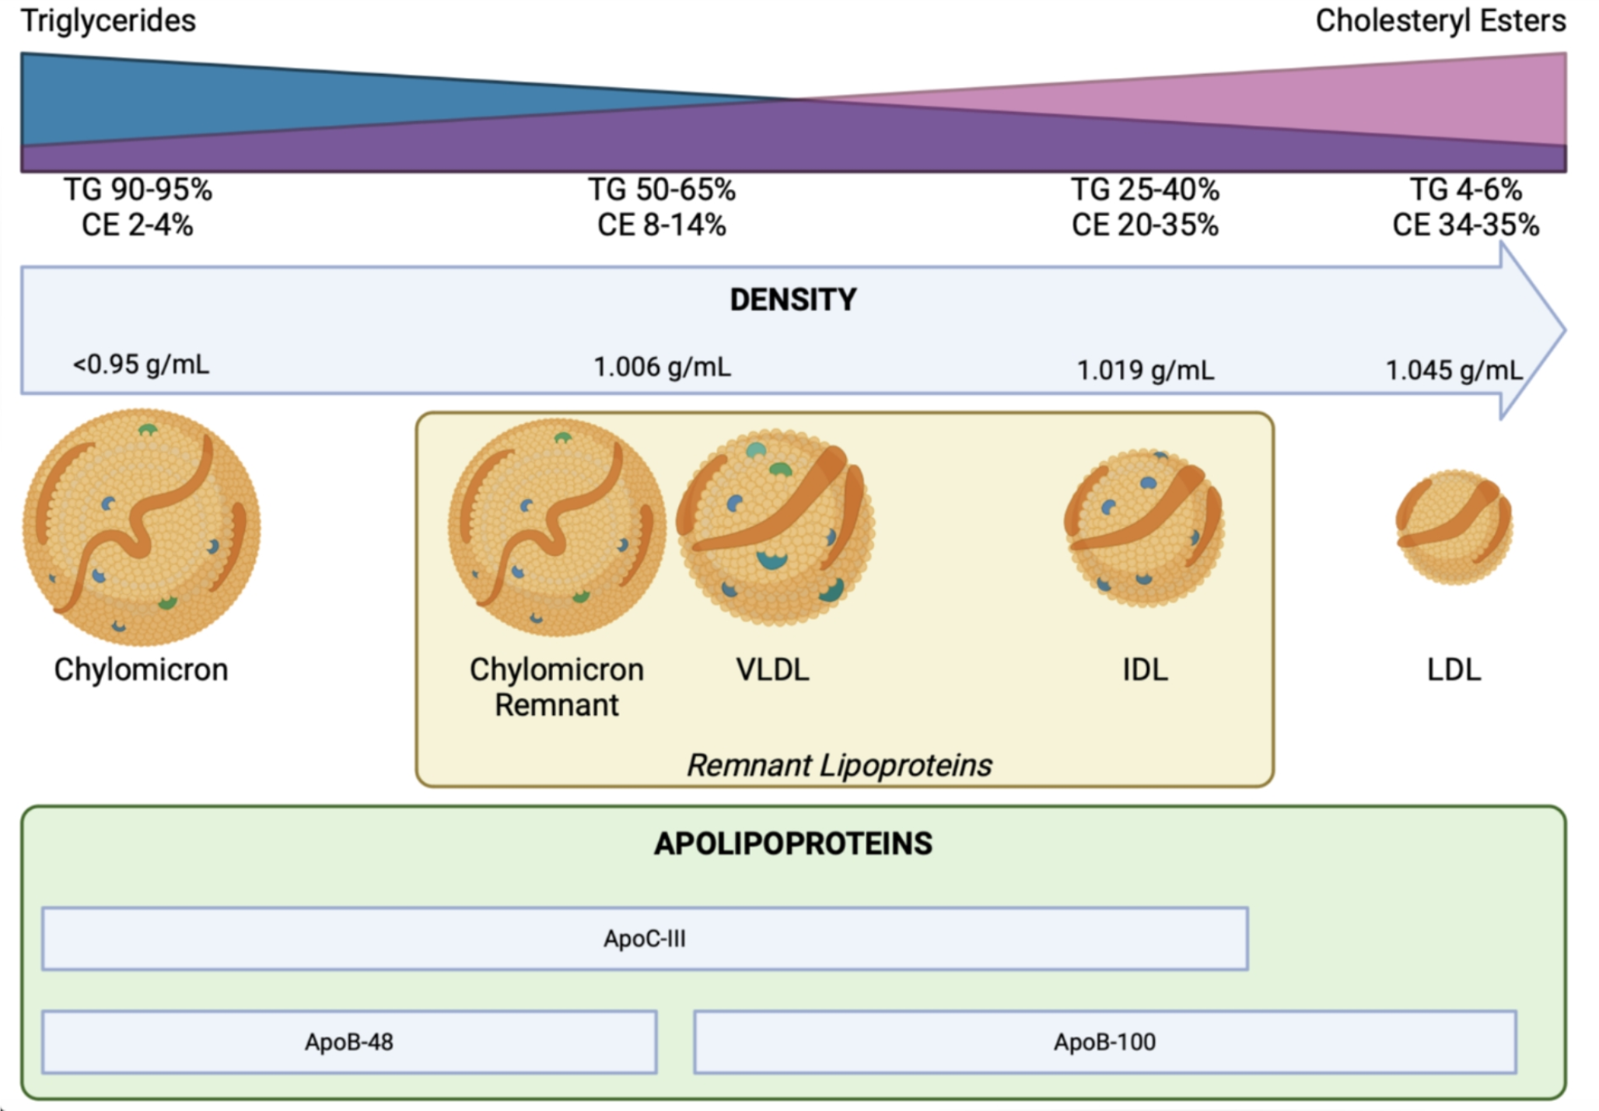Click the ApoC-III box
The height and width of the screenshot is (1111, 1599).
645,938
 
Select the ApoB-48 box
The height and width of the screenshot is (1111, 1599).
349,1042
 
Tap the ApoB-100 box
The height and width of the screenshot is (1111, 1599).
1104,1042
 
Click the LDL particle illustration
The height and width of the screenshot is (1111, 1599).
1454,527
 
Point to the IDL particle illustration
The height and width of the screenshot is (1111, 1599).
1144,527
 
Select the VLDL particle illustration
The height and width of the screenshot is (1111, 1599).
776,527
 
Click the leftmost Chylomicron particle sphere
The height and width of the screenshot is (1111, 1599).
142,527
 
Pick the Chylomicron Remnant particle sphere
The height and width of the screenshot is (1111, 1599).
557,527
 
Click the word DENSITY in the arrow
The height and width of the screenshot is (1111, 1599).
793,300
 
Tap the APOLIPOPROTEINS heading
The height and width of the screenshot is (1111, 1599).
793,844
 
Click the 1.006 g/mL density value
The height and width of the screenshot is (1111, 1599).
662,367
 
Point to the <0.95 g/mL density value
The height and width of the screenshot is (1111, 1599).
141,365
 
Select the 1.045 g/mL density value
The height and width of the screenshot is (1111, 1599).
1454,370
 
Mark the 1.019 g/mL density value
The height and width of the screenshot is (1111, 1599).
1145,370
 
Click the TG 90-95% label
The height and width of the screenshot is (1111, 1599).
138,190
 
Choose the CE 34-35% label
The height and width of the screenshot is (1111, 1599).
1465,225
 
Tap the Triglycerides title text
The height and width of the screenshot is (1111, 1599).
108,21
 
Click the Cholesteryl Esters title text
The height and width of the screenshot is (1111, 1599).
1440,21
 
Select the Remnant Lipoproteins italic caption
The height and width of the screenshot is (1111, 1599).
838,765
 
